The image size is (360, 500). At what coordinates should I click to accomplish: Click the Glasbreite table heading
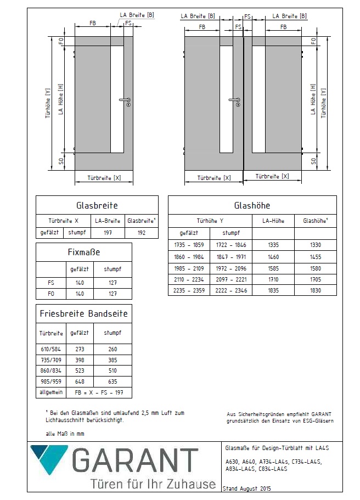point(97,205)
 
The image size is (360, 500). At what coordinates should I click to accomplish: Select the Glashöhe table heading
point(252,205)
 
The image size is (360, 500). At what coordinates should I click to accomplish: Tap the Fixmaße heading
point(83,252)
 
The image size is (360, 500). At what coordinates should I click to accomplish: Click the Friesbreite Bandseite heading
point(83,314)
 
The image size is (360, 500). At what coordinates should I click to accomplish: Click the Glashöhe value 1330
point(315,245)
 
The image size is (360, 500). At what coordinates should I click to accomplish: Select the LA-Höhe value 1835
point(273,290)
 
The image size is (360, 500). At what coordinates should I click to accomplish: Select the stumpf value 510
point(113,371)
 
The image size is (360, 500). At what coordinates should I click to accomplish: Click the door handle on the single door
point(125,100)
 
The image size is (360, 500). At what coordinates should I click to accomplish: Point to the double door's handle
point(235,100)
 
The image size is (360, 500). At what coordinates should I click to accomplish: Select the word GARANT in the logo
point(136,460)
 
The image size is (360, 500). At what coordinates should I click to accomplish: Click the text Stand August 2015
point(246,488)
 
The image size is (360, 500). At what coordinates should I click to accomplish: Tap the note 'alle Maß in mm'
point(65,434)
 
